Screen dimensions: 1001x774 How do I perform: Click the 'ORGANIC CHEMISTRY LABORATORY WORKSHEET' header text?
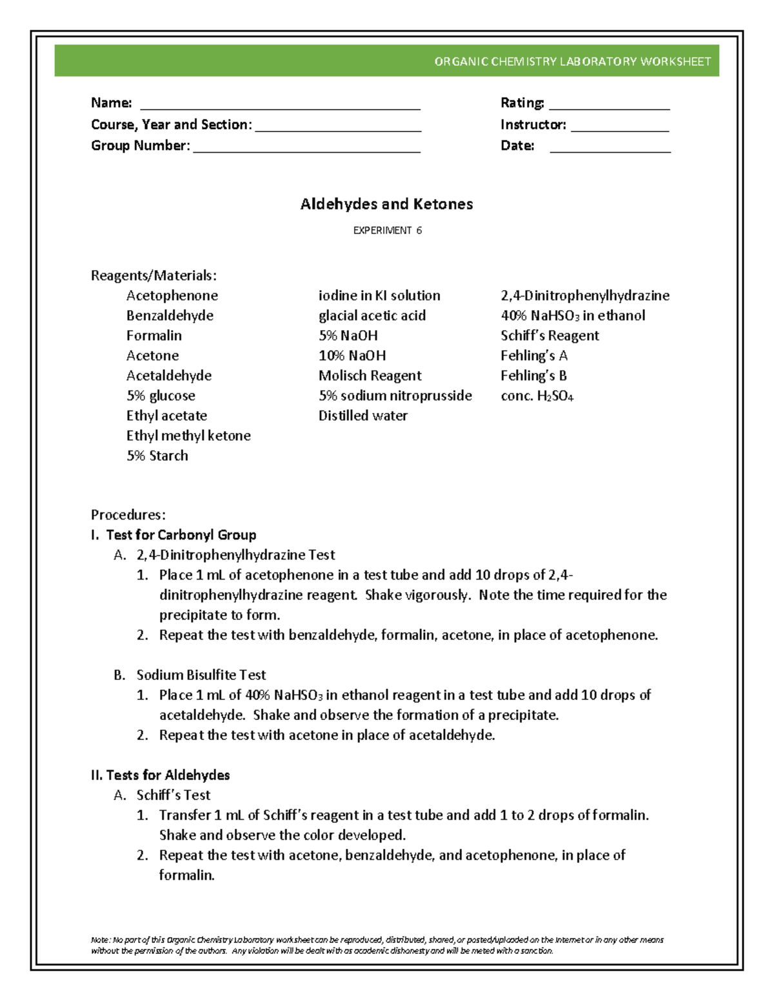tap(572, 62)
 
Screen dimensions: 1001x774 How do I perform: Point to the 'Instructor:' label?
tap(533, 124)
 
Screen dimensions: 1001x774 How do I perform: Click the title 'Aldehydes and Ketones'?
tap(386, 204)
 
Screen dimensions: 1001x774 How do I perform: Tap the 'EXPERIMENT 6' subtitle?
tap(387, 230)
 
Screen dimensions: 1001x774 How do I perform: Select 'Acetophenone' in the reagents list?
tap(172, 295)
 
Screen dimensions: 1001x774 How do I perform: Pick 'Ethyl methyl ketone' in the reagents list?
tap(188, 436)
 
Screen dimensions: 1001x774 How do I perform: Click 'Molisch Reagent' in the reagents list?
tap(370, 376)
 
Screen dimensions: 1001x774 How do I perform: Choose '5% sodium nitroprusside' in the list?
tap(395, 396)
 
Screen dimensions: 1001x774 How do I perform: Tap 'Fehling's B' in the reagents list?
tap(533, 376)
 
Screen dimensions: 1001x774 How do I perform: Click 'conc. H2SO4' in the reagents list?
tap(537, 396)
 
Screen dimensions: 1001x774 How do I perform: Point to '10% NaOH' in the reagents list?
tap(352, 356)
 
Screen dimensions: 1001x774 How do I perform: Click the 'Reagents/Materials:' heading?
tap(154, 276)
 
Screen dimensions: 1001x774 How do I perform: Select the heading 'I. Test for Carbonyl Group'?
tap(174, 535)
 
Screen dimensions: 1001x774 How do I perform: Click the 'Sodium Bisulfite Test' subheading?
tap(201, 675)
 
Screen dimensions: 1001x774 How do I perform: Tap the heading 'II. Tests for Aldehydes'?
tap(160, 775)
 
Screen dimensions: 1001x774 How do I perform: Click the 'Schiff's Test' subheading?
tap(173, 795)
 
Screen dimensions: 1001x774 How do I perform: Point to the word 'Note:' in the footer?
tap(101, 940)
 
